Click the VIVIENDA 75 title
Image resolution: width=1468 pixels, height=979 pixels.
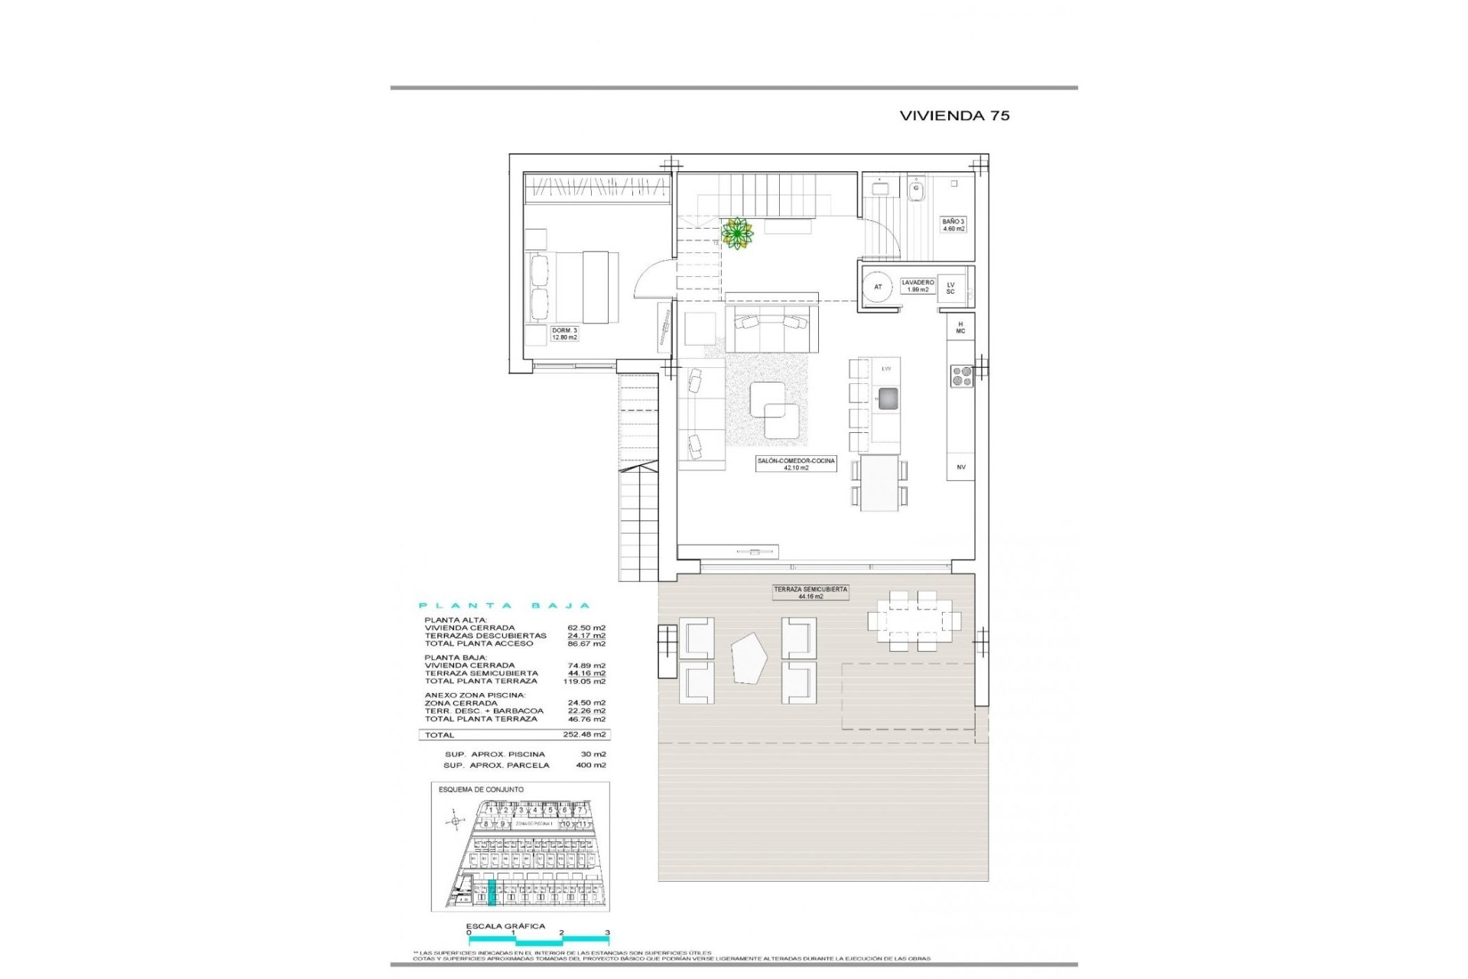[954, 115]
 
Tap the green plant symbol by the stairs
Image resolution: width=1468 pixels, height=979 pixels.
[737, 233]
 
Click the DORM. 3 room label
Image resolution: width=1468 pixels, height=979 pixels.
[564, 333]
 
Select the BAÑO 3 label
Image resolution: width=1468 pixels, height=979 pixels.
[953, 225]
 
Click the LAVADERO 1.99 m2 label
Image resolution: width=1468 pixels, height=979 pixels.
[917, 286]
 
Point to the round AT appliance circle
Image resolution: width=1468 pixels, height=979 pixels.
[878, 287]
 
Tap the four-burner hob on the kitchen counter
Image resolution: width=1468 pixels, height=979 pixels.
[961, 376]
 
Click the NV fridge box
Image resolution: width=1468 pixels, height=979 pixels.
[961, 467]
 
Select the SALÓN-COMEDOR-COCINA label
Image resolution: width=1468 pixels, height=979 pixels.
[796, 464]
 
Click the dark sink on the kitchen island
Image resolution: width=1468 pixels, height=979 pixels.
[887, 398]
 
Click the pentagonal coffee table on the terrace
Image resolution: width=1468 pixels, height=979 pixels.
[749, 659]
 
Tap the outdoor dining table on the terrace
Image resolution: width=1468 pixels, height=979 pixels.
[914, 620]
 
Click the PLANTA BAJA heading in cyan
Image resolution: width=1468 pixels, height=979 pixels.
[504, 606]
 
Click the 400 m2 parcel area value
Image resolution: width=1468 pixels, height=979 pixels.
[590, 765]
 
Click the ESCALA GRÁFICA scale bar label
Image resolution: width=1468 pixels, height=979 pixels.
[505, 926]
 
